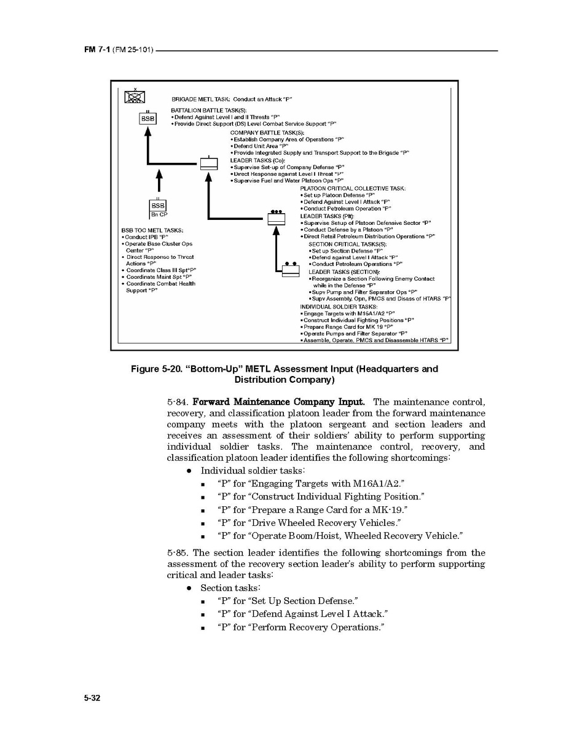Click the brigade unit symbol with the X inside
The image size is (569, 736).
(x=134, y=96)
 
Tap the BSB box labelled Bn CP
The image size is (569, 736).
(x=158, y=206)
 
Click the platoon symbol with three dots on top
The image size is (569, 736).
(x=277, y=218)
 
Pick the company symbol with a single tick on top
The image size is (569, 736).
(x=209, y=163)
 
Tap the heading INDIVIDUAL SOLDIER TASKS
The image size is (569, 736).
(x=339, y=306)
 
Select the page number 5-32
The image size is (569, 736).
(x=92, y=699)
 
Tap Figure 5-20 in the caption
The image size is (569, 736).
(x=153, y=369)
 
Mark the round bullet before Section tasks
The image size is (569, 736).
(x=189, y=588)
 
